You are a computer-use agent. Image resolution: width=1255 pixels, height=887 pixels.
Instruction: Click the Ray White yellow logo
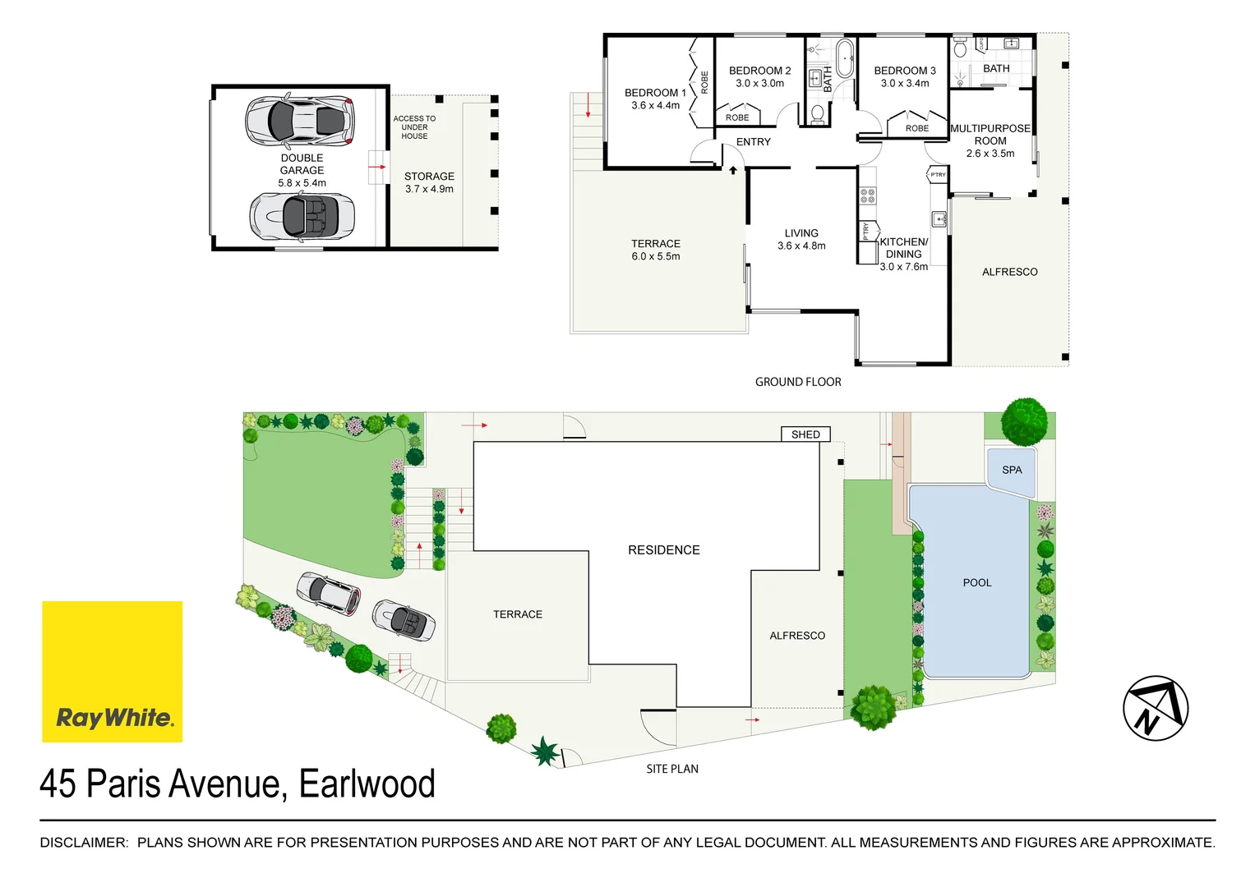pos(112,671)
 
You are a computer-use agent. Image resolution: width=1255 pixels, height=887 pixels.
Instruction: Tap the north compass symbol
pos(1156,708)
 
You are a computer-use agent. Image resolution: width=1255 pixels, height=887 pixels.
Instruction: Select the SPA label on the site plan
pos(1012,471)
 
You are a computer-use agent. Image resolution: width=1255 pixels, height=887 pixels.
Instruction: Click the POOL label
pos(976,583)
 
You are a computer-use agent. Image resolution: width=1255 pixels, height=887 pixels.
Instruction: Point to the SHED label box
pos(805,434)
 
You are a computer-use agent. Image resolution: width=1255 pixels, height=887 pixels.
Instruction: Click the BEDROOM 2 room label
pos(759,71)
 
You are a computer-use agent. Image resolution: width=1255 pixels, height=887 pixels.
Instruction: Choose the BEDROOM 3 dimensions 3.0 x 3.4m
pos(905,84)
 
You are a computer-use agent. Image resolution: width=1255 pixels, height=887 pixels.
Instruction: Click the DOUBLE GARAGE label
pos(302,164)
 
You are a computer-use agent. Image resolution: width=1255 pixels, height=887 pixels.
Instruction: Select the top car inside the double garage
pos(301,121)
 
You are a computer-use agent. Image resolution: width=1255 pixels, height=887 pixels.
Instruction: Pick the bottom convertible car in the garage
pos(302,217)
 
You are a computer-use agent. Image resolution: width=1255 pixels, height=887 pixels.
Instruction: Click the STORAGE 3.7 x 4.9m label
pos(429,182)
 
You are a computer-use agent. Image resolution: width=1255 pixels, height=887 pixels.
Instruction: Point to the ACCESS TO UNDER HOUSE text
pos(414,127)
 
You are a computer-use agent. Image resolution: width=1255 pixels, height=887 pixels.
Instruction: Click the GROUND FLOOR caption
pos(798,382)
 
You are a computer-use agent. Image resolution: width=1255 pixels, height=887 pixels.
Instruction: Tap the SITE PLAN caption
pos(672,770)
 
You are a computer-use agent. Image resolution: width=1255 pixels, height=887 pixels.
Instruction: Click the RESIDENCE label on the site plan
pos(664,550)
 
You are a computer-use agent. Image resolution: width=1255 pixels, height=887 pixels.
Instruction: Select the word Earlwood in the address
pos(367,784)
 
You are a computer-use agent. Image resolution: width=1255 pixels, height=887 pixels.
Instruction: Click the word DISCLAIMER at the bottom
pos(84,843)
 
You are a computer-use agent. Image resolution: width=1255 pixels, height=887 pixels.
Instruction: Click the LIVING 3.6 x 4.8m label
pos(801,240)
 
